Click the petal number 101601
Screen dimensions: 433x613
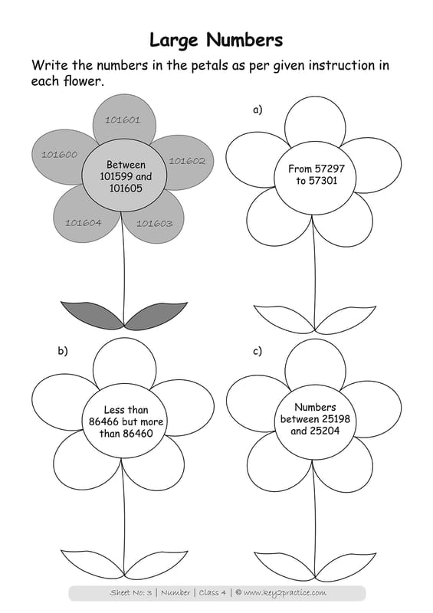tap(123, 120)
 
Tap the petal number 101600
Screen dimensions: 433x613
tap(60, 155)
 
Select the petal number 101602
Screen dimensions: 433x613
tap(187, 161)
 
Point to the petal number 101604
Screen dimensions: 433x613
tap(84, 223)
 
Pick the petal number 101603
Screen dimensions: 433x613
tap(154, 224)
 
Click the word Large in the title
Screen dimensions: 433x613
tap(174, 41)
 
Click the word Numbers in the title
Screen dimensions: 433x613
tap(244, 40)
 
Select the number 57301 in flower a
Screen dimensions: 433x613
tap(323, 181)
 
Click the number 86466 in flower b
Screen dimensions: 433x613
tap(103, 422)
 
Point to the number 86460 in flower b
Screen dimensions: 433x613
tap(138, 434)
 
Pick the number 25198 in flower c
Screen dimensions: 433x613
tap(336, 419)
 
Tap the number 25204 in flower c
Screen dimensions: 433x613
tap(325, 431)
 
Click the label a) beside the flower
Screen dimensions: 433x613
tap(258, 110)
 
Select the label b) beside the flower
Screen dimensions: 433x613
tap(63, 351)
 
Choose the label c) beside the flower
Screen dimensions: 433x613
tap(258, 351)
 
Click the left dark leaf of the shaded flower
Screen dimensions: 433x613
tap(92, 313)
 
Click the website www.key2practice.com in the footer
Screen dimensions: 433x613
tap(284, 592)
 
